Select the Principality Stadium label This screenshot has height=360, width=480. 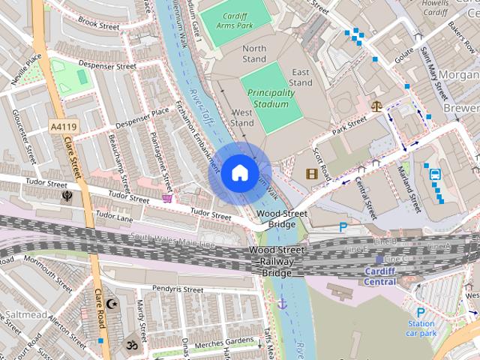click(x=268, y=98)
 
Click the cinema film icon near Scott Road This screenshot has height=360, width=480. click(x=311, y=174)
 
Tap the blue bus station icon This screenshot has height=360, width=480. click(x=435, y=175)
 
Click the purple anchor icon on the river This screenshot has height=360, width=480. click(x=283, y=303)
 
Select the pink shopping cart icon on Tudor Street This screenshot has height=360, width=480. click(x=167, y=198)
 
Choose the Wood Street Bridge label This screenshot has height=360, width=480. click(x=281, y=219)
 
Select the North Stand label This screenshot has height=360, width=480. click(x=254, y=53)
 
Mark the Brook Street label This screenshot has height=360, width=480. click(x=99, y=25)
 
